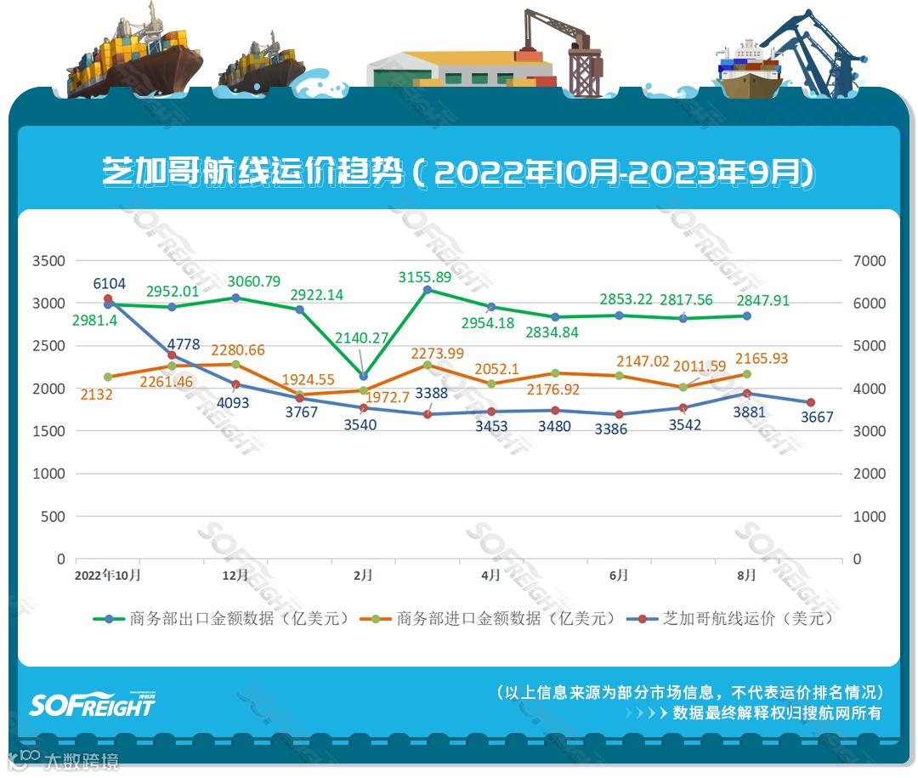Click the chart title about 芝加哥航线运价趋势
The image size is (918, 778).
pos(458,173)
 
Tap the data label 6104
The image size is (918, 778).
pos(109,283)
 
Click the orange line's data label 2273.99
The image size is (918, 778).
pos(438,353)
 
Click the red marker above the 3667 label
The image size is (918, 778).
pos(810,402)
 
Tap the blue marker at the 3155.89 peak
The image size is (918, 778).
pos(428,290)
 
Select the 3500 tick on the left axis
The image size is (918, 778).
pos(48,260)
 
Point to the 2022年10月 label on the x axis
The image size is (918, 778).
pos(108,576)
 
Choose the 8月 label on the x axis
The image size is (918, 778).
pos(746,576)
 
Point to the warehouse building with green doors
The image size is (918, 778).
pos(459,68)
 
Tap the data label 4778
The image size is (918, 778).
pos(184,344)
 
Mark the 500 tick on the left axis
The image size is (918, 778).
pos(54,516)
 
